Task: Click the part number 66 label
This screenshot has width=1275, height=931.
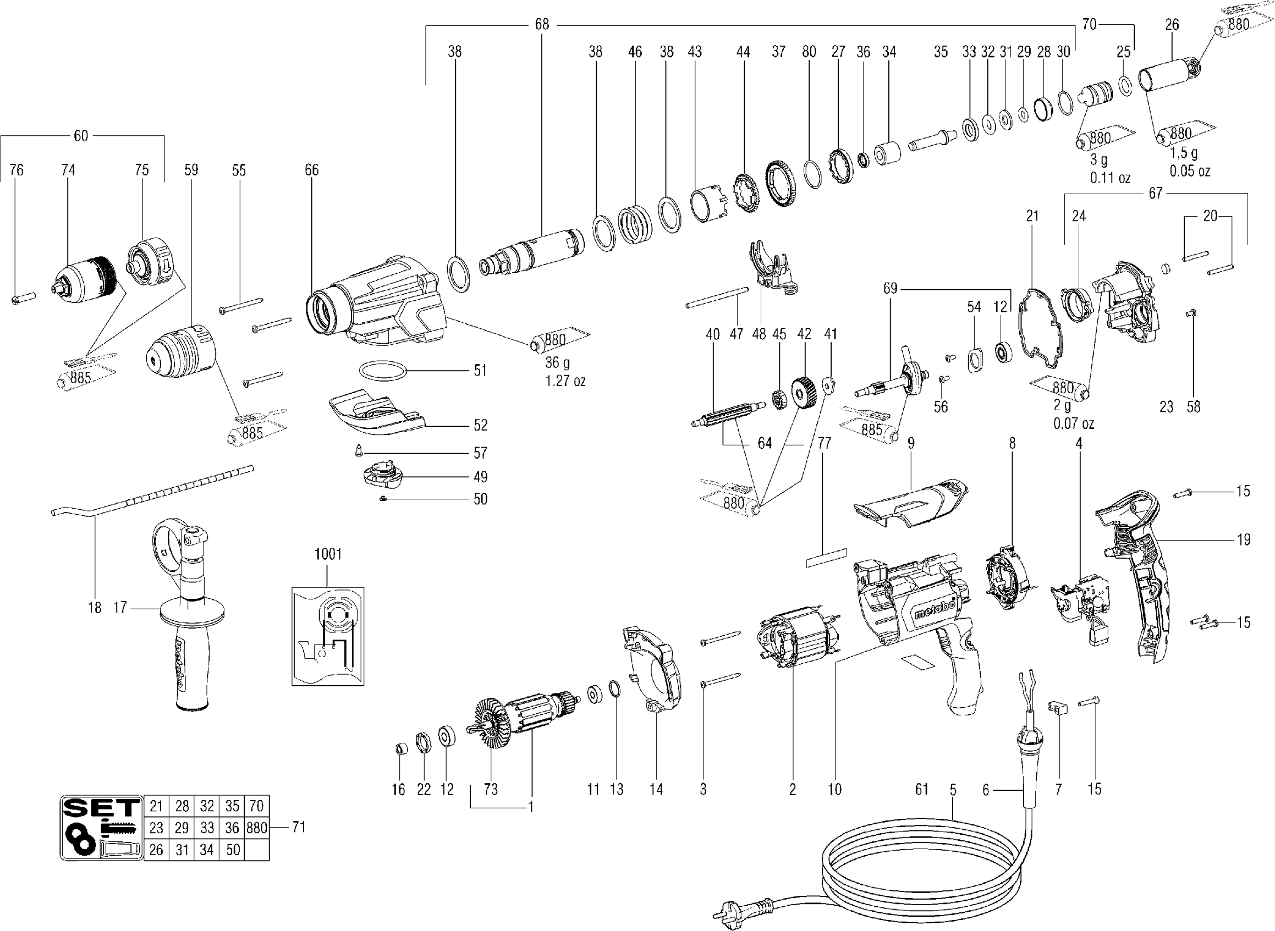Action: pyautogui.click(x=312, y=169)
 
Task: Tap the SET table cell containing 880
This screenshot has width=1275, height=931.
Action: pyautogui.click(x=256, y=828)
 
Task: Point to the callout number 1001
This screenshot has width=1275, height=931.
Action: pyautogui.click(x=327, y=554)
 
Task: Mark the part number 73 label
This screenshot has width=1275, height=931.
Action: pyautogui.click(x=491, y=790)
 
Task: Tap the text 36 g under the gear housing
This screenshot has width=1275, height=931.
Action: pyautogui.click(x=557, y=362)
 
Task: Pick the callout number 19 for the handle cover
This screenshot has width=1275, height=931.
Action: pyautogui.click(x=1244, y=540)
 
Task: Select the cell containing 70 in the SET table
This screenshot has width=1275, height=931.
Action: pyautogui.click(x=256, y=806)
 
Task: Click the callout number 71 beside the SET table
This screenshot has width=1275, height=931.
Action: pyautogui.click(x=299, y=827)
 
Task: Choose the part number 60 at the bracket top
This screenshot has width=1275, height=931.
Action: pyautogui.click(x=81, y=136)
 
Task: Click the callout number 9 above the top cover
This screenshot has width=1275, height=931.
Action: pyautogui.click(x=911, y=444)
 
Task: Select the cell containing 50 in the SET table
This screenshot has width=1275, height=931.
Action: pyautogui.click(x=233, y=850)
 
